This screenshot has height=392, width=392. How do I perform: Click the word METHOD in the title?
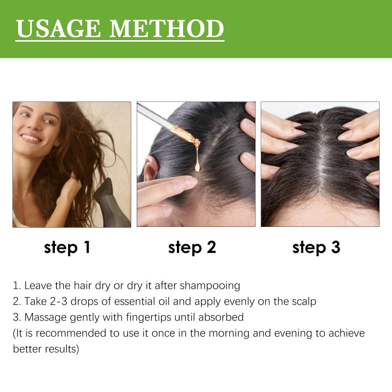point(167,29)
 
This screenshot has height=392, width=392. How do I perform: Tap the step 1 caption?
point(67,247)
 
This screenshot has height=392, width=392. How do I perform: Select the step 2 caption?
point(192,247)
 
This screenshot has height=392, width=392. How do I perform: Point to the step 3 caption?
point(316,247)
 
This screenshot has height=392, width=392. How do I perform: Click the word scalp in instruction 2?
point(303,301)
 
